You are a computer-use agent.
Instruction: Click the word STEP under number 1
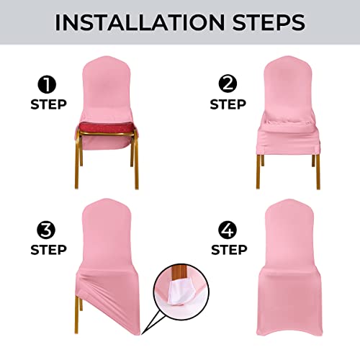(48, 105)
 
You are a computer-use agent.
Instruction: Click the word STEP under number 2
(228, 105)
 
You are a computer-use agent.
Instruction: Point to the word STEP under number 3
(48, 251)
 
